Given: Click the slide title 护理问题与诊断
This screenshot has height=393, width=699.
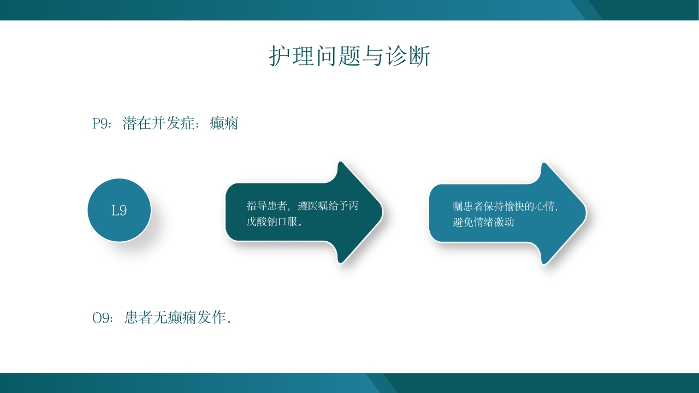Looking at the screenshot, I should tap(349, 56).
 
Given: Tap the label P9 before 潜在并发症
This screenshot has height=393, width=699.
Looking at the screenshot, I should tap(100, 124).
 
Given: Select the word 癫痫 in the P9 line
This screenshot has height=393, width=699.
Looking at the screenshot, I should tap(224, 124).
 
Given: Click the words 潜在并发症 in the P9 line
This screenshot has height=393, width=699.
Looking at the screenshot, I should tap(158, 124).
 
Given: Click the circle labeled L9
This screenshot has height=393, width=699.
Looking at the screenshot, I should tap(119, 210).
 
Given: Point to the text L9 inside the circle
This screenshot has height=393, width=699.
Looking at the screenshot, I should tap(119, 211).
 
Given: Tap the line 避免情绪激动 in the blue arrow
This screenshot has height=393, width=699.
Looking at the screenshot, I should tap(483, 222).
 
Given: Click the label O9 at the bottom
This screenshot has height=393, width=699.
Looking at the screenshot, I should tap(102, 318).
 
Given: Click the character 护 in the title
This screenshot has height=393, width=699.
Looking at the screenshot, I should tap(279, 56).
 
